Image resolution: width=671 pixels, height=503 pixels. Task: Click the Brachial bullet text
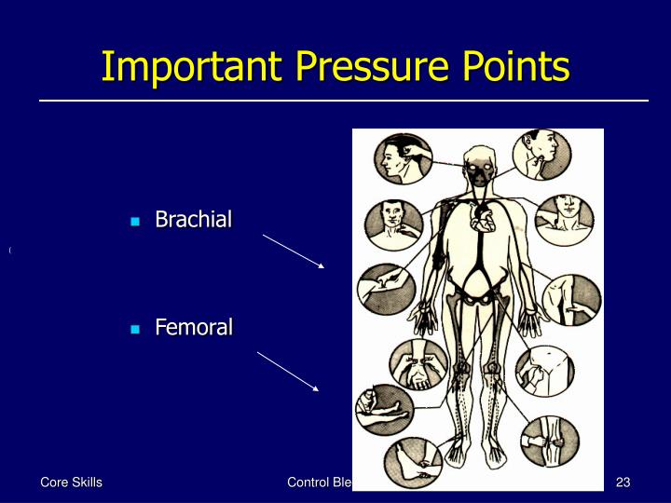click(x=193, y=220)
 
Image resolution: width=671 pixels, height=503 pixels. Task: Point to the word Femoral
click(x=193, y=328)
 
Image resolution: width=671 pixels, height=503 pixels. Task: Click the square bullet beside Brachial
click(x=136, y=222)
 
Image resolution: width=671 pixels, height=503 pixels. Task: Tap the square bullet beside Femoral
click(x=136, y=330)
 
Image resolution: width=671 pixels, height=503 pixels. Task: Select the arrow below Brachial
click(x=293, y=251)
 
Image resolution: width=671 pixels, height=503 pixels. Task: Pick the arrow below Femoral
click(x=289, y=370)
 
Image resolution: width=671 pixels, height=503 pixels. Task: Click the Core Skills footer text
click(x=70, y=482)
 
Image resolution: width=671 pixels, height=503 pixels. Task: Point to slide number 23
click(x=623, y=482)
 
